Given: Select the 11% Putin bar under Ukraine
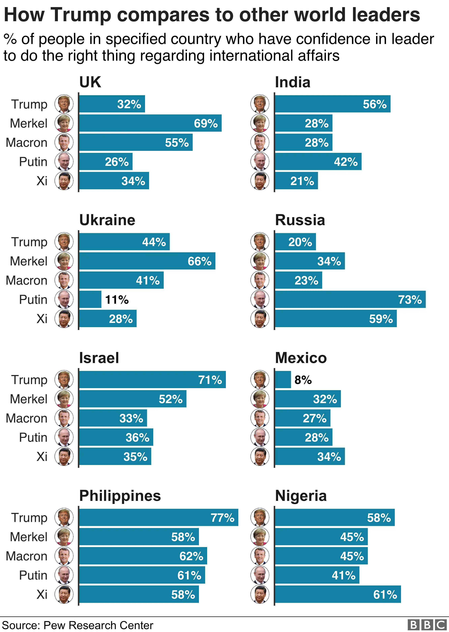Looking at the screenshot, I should click(x=90, y=299).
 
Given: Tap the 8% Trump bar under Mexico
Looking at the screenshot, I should click(x=283, y=380).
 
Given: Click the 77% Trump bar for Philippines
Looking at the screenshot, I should click(x=158, y=517).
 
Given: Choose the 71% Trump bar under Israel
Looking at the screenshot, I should click(x=152, y=380).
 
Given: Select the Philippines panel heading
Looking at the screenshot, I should click(x=120, y=496).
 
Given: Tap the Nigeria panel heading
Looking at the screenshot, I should click(x=301, y=496).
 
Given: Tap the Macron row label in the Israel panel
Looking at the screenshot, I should click(x=27, y=418).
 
